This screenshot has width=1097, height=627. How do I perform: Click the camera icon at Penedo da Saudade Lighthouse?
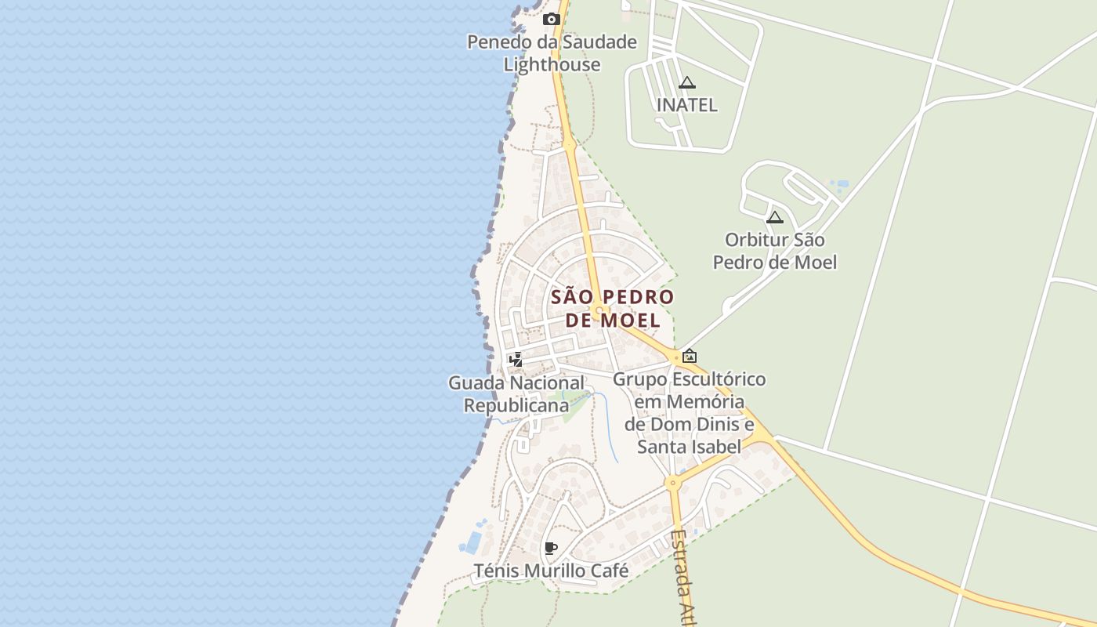pos(552,20)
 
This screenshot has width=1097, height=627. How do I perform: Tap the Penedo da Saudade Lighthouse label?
pos(552,53)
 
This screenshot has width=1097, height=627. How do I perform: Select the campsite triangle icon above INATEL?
pos(687,82)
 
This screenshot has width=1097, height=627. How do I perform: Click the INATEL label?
pos(687,105)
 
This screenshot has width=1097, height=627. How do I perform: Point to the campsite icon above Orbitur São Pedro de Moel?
pos(775,217)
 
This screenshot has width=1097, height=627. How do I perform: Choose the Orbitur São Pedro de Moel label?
pos(775,251)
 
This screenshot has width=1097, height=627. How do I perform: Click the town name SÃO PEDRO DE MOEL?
pos(612,308)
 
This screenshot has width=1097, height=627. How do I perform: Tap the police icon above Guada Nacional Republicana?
pos(516,360)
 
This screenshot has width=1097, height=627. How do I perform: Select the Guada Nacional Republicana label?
pos(516,394)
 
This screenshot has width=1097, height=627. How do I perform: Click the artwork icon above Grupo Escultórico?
pos(690,356)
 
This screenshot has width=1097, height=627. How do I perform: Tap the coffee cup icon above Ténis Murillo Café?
pos(551,548)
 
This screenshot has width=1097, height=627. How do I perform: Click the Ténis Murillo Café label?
pos(551,571)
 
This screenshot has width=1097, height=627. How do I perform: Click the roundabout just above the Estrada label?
pos(672,483)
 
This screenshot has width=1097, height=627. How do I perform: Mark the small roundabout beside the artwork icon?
pos(675,357)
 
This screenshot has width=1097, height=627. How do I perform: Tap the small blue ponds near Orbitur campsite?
pos(839,187)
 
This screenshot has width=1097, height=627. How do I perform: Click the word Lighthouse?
pos(552,64)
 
